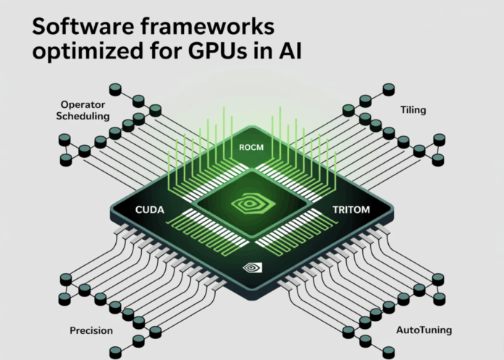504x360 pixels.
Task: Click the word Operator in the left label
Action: tap(84, 104)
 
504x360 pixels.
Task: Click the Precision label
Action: tap(91, 331)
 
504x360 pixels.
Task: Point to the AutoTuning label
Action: tap(424, 330)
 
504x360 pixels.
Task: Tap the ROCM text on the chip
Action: tap(251, 148)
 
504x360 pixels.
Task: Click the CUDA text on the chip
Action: tap(151, 209)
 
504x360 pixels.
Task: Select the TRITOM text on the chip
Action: tap(352, 209)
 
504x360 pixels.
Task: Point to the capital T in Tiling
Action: tap(403, 110)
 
